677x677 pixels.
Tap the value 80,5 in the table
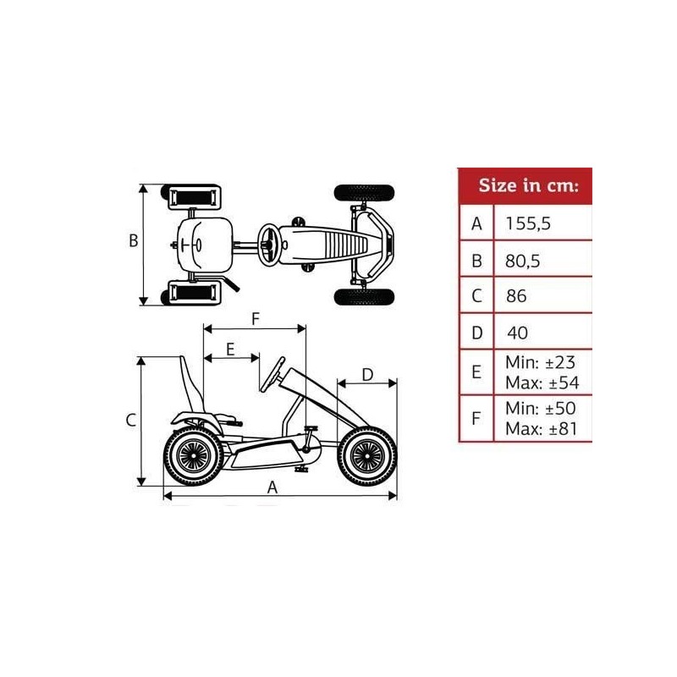[523, 261]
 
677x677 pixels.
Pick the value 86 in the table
[515, 296]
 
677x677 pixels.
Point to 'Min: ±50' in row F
[541, 409]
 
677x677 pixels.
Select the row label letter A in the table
[477, 223]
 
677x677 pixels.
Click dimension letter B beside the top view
[133, 240]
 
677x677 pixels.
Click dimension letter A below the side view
[272, 487]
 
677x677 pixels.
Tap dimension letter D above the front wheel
[367, 374]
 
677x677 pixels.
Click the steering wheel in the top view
[270, 243]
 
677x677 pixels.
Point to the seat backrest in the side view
[192, 383]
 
